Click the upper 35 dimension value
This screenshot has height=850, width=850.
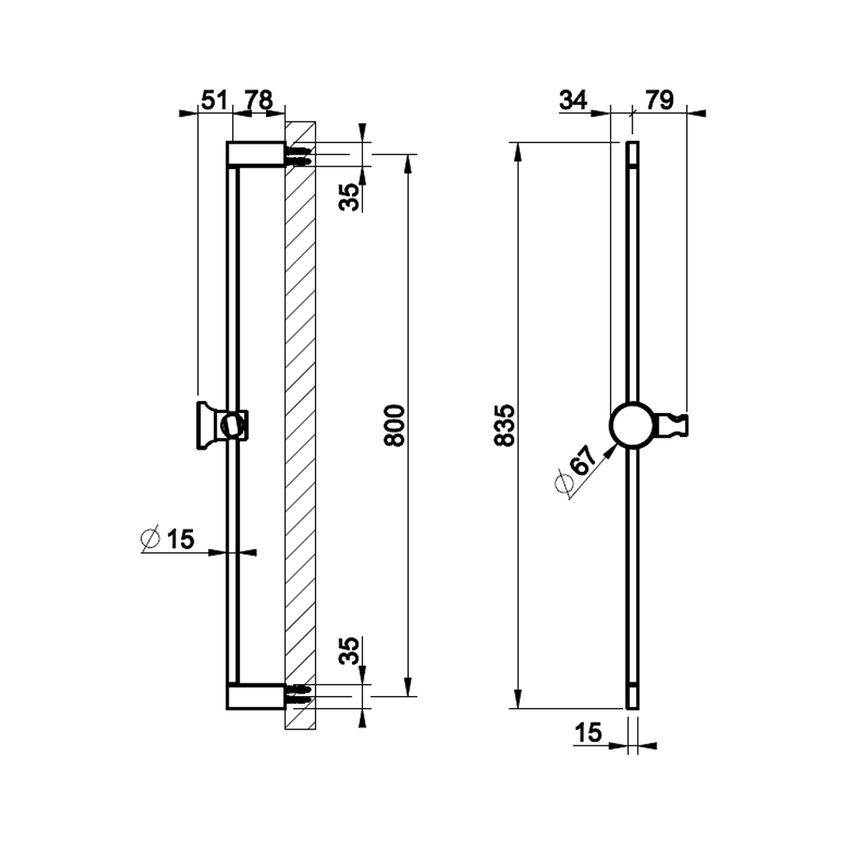(348, 196)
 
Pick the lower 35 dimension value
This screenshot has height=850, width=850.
(348, 651)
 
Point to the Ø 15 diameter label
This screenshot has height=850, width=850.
(167, 539)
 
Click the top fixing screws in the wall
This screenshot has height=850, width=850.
(300, 156)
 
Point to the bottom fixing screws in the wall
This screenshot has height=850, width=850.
(300, 691)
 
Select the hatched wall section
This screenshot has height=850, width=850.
(300, 425)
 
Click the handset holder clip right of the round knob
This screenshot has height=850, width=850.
(676, 425)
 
